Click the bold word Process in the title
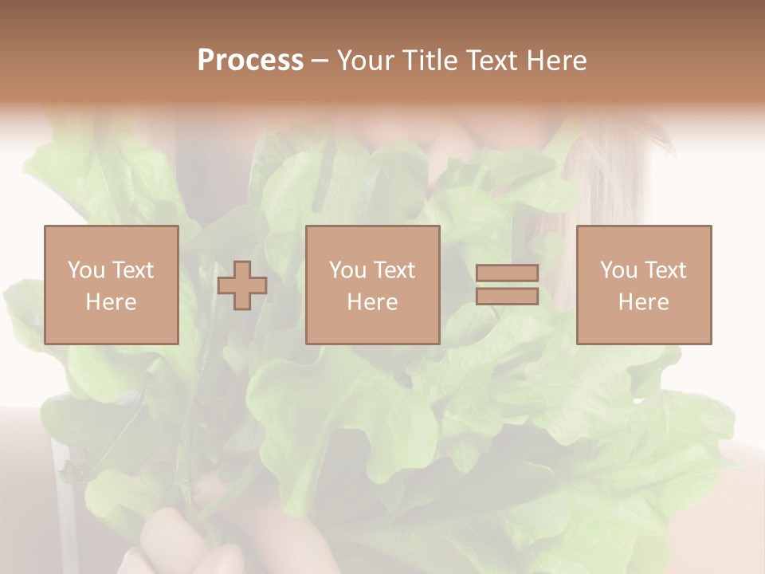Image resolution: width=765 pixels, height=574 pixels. [250, 61]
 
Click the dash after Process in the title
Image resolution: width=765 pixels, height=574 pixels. [320, 61]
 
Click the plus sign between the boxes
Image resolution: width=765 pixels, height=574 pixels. [242, 285]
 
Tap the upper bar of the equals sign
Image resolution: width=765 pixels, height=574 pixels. [507, 273]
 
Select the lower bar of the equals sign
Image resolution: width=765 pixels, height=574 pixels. [507, 296]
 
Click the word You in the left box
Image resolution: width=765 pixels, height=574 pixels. [86, 270]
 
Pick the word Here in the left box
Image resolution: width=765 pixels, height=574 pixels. [111, 302]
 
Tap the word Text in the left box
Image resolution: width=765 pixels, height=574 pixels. [132, 270]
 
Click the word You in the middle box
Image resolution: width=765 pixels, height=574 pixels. [347, 270]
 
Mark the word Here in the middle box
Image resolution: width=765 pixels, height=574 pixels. [372, 302]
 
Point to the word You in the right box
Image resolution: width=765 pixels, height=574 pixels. [618, 270]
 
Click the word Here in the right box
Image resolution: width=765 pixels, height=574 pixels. [643, 302]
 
